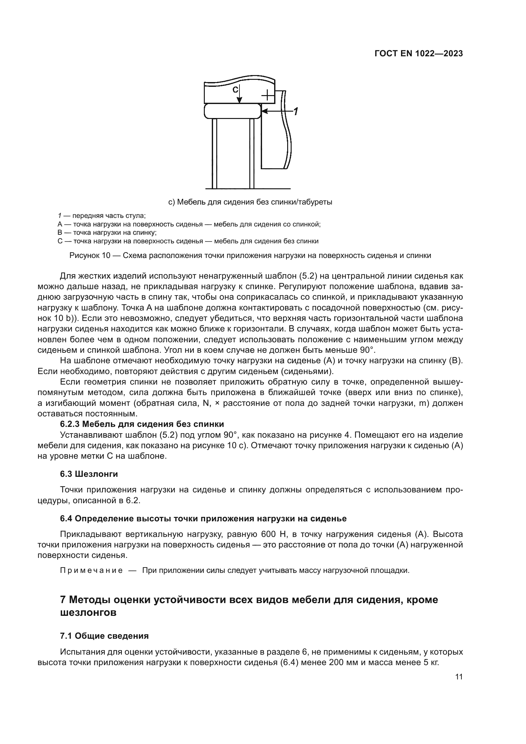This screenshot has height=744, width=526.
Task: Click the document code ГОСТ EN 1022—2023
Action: [x=418, y=54]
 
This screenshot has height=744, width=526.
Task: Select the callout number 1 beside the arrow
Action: [x=295, y=111]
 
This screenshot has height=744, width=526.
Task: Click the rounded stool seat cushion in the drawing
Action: [x=232, y=111]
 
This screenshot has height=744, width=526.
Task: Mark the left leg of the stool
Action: [x=214, y=154]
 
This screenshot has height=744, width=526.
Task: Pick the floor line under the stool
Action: [x=248, y=189]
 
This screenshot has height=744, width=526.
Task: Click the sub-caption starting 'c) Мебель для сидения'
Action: [x=250, y=202]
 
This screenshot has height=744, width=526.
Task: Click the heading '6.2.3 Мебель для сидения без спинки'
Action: [x=142, y=424]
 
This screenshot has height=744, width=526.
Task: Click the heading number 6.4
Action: [x=66, y=519]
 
